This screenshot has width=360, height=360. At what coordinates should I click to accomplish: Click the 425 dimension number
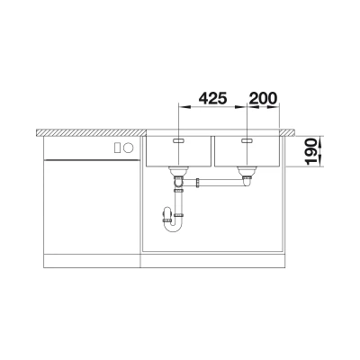pos(213,98)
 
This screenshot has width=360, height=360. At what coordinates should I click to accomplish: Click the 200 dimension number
pos(263,98)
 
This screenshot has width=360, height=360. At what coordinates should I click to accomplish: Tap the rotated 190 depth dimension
pos(313,151)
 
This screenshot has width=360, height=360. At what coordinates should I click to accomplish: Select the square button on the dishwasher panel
pos(118,147)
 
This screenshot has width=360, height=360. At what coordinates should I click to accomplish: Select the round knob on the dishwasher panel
pos(129,147)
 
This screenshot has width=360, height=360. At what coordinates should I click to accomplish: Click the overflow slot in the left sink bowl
pos(179,140)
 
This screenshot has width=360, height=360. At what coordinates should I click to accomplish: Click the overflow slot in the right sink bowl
pos(247,140)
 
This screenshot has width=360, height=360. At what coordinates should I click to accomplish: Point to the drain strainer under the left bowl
pos(178,171)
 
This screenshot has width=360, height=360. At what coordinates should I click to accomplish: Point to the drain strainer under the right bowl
pos(247,171)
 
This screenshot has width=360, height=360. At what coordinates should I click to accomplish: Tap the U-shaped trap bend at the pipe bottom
pos(174,229)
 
